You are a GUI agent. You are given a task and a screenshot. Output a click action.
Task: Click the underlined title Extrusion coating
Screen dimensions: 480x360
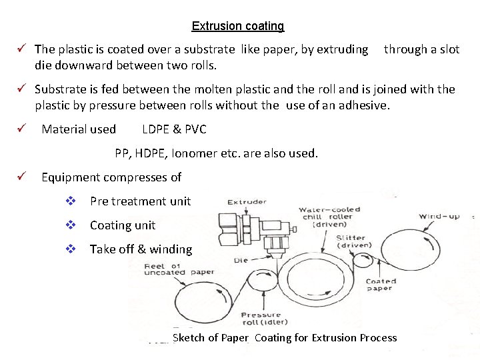(237, 26)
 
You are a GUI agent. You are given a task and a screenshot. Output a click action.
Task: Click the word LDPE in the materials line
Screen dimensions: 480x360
(157, 129)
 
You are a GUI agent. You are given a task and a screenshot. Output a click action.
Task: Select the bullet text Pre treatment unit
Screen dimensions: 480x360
(140, 201)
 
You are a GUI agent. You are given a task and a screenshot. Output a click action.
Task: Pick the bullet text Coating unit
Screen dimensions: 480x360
(123, 225)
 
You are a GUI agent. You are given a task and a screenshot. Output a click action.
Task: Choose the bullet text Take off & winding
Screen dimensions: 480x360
(141, 249)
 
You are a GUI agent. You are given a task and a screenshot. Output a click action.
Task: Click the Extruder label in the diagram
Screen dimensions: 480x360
(246, 202)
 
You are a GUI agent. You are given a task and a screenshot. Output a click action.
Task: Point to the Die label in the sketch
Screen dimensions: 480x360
(240, 261)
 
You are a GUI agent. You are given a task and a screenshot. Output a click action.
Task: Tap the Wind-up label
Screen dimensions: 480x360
(438, 216)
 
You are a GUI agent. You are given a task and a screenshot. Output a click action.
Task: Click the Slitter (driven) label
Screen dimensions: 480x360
(353, 241)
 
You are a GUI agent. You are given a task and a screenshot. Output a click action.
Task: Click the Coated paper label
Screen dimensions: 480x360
(381, 285)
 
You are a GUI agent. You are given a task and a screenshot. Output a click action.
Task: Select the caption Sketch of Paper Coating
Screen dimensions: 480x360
(284, 338)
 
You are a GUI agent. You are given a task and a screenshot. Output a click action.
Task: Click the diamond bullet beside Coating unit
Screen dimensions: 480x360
(70, 225)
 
